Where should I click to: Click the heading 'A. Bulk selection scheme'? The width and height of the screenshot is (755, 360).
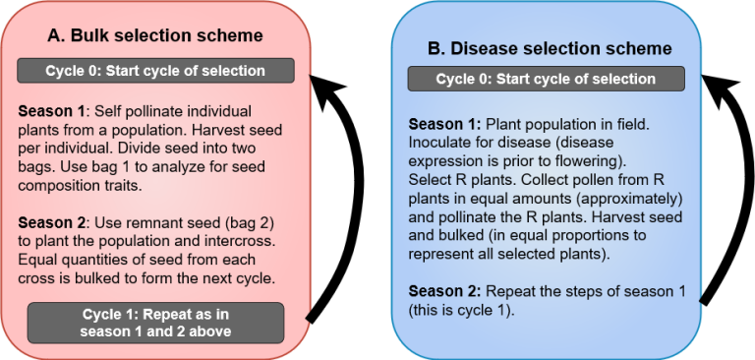[155, 36]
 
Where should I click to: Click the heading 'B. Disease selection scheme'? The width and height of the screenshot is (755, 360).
[549, 48]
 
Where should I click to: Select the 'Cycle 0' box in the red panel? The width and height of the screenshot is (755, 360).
[155, 71]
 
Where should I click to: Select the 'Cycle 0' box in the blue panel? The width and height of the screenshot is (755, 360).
[546, 80]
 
